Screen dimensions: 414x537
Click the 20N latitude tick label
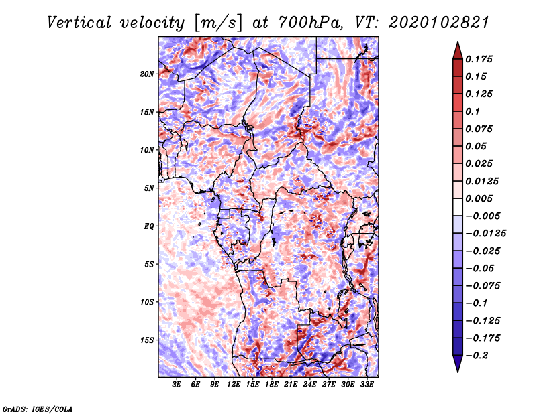coord(147,74)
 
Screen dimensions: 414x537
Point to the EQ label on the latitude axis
coord(149,226)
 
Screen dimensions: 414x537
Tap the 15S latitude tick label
coord(147,340)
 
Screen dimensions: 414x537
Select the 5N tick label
coord(149,188)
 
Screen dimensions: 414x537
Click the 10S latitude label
coord(147,301)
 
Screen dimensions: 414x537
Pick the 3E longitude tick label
coord(177,385)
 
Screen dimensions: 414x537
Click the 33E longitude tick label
coord(367,385)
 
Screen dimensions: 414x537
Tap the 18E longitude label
coord(272,385)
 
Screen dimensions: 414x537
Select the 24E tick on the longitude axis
coord(310,385)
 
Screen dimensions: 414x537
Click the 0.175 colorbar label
coord(481,59)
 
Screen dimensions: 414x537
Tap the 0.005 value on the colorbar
coord(481,198)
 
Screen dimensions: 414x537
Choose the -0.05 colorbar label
coord(481,268)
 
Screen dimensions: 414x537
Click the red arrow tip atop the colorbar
coord(456,47)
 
